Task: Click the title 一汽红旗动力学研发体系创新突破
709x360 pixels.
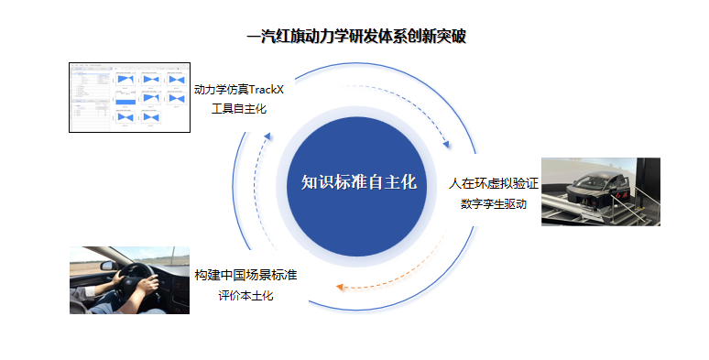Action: point(356,36)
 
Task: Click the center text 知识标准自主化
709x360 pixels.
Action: point(358,182)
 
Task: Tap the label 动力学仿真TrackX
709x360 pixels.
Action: point(239,90)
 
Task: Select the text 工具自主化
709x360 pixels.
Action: point(239,109)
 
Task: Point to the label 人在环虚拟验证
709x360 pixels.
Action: point(494,183)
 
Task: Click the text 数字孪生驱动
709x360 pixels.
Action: point(494,204)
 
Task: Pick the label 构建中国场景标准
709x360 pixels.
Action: point(245,275)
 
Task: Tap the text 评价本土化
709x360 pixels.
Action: point(245,296)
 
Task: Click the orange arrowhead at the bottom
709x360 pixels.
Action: point(340,287)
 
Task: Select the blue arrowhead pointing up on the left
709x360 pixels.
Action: point(267,136)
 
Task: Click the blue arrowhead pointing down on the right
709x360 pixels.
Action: point(446,144)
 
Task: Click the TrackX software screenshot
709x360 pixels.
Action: point(129,98)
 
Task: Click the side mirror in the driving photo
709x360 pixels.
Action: point(108,266)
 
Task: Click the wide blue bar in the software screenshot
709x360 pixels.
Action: point(125,102)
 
